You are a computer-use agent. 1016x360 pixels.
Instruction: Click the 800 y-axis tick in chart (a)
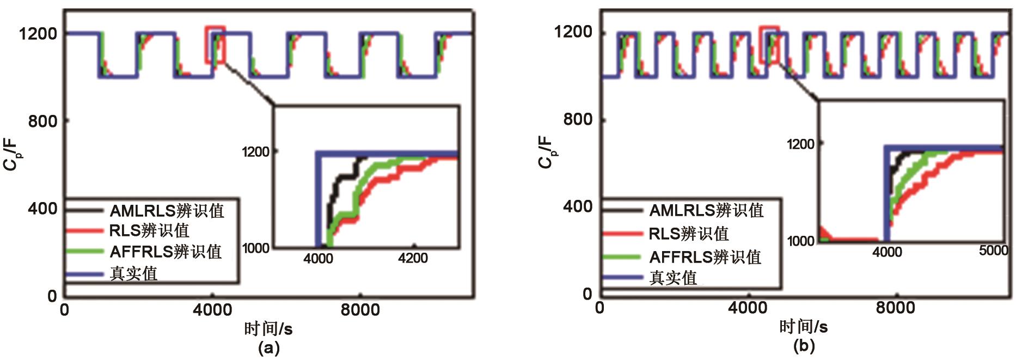(x=42, y=121)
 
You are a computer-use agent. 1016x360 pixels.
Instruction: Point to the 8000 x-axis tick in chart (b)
(x=895, y=308)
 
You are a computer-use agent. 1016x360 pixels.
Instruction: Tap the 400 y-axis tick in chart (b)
(x=577, y=206)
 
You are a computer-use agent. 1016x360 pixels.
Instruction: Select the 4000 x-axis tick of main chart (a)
(x=212, y=310)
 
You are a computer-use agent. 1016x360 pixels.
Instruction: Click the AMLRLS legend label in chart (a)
(x=167, y=211)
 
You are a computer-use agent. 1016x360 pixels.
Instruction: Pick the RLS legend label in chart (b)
(x=688, y=234)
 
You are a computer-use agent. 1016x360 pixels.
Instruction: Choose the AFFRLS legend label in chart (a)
(x=166, y=252)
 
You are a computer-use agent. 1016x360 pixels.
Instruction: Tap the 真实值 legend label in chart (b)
(x=673, y=278)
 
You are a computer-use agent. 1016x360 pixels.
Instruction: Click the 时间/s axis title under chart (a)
(x=268, y=328)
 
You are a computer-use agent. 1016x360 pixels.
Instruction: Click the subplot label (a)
(x=268, y=347)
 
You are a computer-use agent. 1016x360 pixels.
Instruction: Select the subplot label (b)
(x=804, y=345)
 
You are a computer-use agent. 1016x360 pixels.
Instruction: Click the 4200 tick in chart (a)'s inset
(x=413, y=258)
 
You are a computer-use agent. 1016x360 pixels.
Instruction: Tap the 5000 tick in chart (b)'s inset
(x=993, y=251)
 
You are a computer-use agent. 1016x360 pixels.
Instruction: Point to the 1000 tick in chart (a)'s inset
(x=256, y=248)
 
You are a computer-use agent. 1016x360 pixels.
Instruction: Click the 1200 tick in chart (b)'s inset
(x=800, y=144)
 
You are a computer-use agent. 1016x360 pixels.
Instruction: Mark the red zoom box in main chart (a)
(x=215, y=44)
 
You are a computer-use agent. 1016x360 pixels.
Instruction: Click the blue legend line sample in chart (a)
(x=84, y=274)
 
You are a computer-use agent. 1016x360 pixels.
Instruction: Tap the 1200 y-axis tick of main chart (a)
(x=38, y=34)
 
